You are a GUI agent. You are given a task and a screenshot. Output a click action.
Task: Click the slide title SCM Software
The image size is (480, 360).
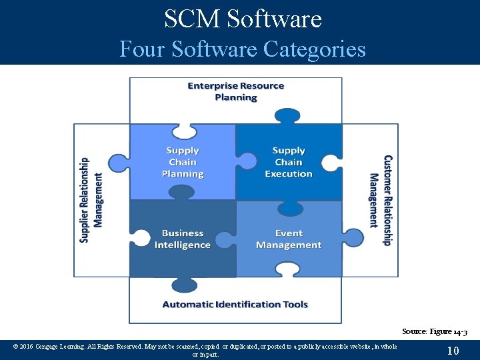click(243, 19)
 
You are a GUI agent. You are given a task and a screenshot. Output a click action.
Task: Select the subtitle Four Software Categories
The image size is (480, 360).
click(243, 49)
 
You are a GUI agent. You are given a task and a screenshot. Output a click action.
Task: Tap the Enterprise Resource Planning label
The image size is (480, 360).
click(236, 91)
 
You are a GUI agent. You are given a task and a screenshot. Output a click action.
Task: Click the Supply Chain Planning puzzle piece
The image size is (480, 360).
click(183, 162)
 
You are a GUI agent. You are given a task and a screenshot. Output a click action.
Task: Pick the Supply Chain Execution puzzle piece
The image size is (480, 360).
click(289, 162)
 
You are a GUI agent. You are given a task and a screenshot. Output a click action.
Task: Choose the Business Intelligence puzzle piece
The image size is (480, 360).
click(183, 239)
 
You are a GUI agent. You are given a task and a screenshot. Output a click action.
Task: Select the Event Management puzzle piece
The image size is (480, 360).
click(289, 239)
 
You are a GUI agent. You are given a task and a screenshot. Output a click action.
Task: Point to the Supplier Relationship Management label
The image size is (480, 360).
click(91, 200)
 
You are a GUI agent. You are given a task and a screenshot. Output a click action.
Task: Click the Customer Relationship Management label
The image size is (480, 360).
click(381, 200)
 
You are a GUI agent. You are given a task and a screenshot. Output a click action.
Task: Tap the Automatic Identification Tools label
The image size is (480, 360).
click(235, 305)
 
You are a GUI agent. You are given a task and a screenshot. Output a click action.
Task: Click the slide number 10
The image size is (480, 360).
click(453, 350)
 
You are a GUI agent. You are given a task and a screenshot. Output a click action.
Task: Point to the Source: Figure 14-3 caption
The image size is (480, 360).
click(435, 331)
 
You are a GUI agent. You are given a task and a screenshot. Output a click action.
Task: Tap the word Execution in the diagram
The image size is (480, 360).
click(289, 174)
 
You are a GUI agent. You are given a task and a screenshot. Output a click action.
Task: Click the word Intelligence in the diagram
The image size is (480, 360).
click(183, 245)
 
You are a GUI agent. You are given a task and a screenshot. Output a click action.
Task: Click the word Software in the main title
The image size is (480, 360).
click(274, 19)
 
